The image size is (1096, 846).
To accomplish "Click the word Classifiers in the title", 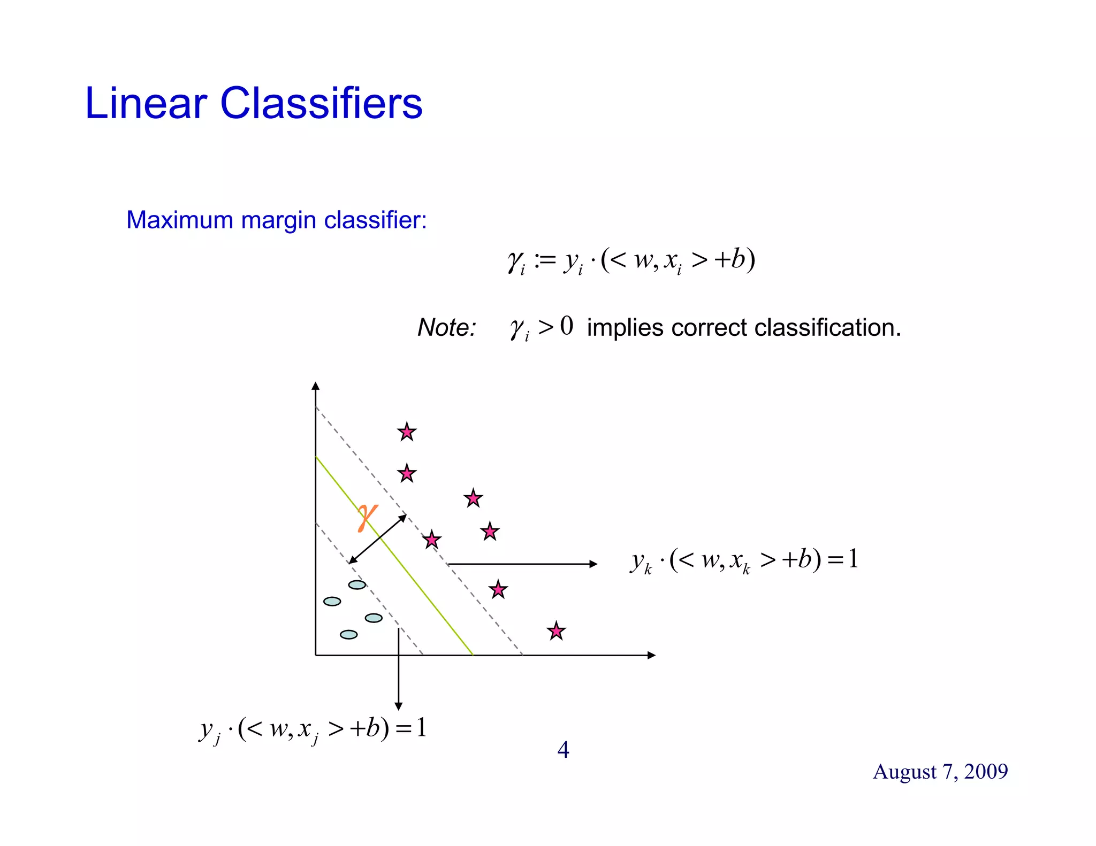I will tap(321, 103).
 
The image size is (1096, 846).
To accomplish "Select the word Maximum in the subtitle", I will tap(180, 220).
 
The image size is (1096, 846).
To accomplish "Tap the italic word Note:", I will tap(446, 327).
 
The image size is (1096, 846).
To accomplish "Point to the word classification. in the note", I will tap(827, 327).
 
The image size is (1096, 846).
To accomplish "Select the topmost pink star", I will tap(407, 432).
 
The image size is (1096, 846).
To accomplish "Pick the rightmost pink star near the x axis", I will tap(556, 631).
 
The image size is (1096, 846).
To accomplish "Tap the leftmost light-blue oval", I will tap(332, 601).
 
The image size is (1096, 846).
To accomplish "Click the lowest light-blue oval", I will tap(348, 634).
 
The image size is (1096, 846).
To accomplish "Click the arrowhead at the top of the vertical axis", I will tap(315, 386).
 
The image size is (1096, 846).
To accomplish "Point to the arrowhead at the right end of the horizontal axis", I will tap(651, 655).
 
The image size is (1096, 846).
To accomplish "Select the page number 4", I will tap(563, 750).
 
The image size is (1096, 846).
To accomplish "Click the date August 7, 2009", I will tap(940, 771).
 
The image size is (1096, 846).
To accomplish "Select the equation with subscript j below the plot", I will tap(313, 729).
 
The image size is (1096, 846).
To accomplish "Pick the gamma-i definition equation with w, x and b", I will tap(631, 260).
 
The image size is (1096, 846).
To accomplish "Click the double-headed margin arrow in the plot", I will tap(377, 539).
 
